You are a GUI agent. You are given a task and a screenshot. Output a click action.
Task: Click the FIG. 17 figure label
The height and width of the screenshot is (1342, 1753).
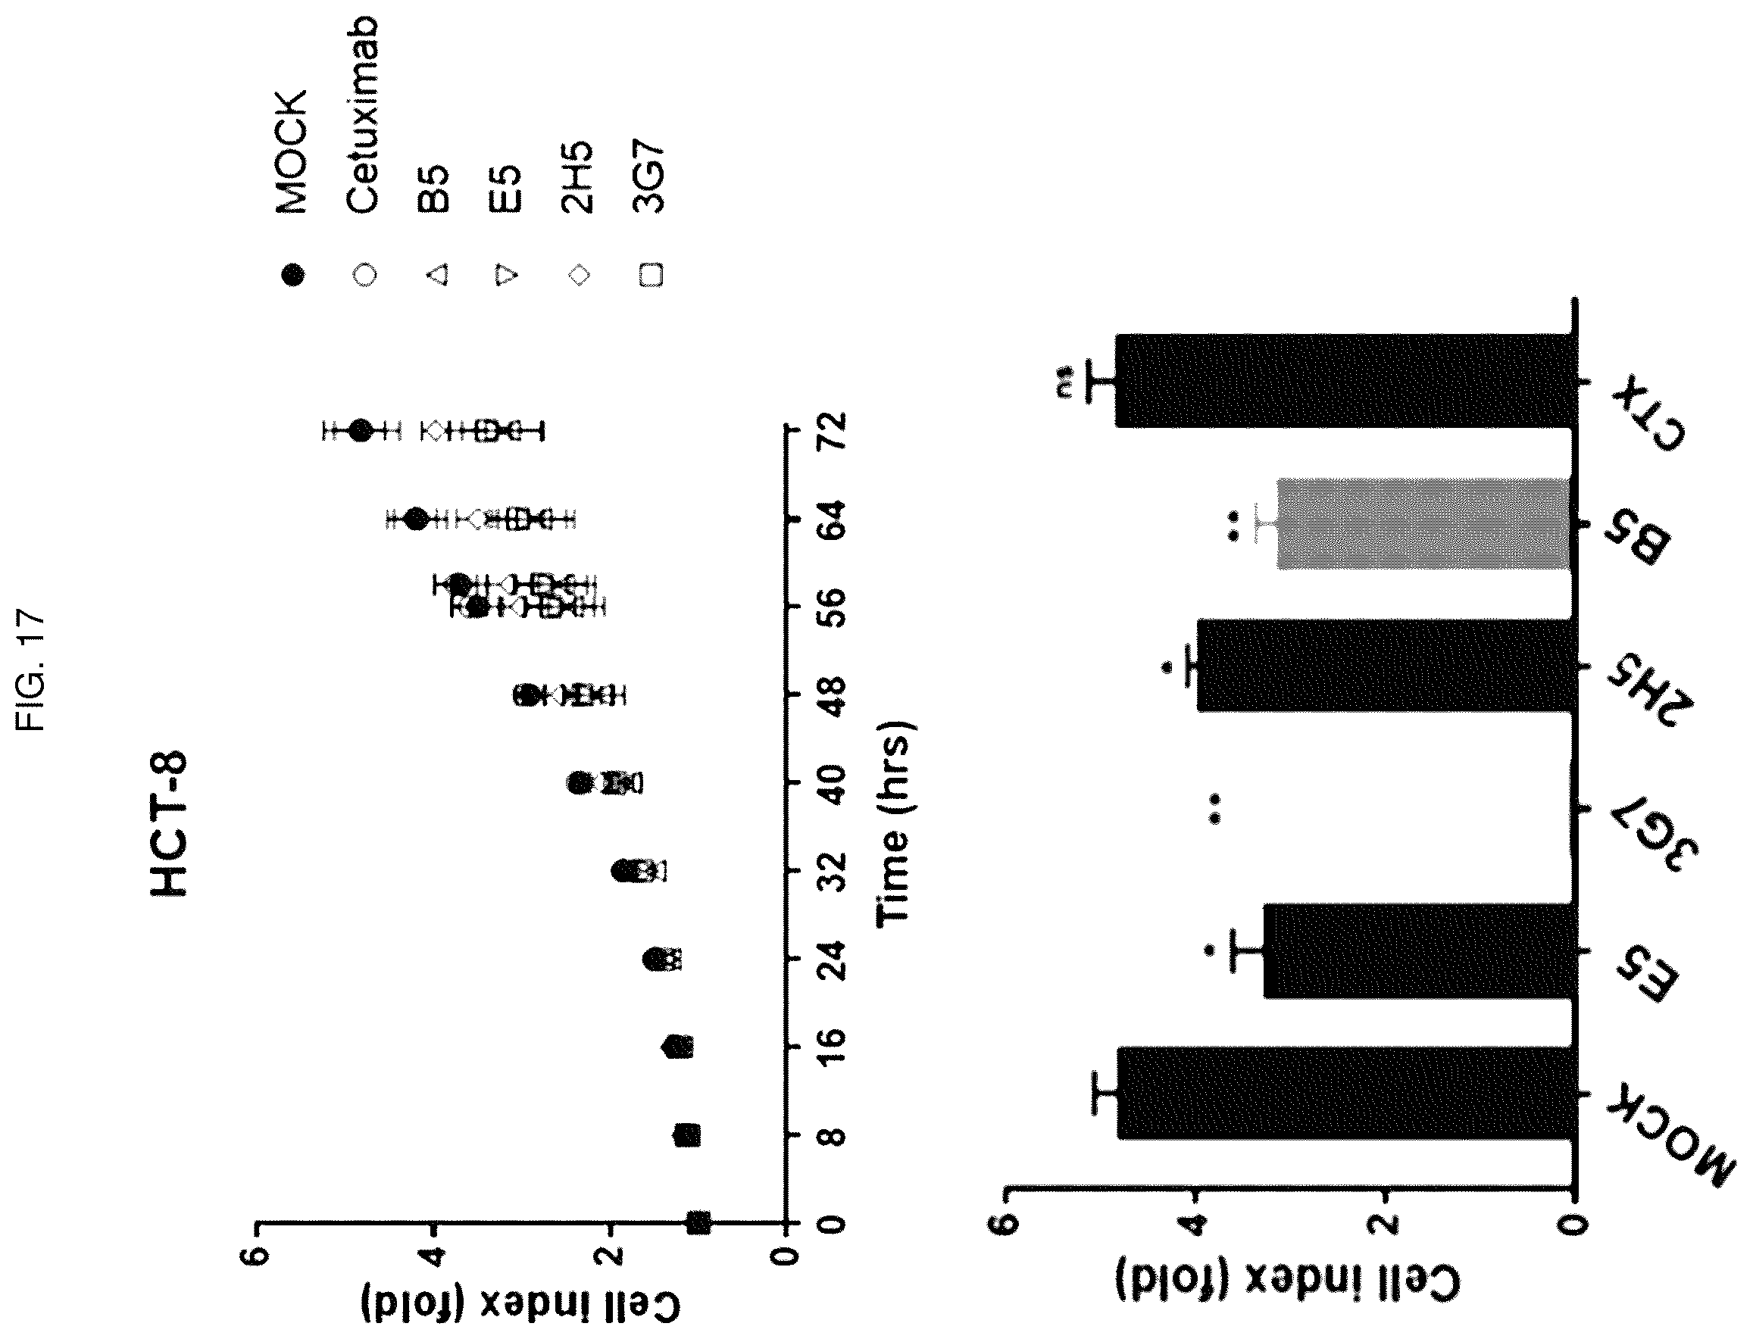(x=32, y=669)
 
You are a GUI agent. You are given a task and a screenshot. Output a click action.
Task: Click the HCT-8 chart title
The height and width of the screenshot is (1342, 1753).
(x=169, y=822)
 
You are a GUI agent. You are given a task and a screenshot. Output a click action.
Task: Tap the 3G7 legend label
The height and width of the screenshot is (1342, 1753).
(x=648, y=177)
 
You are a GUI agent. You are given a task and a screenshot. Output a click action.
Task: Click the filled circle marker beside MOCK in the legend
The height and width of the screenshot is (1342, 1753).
(x=293, y=276)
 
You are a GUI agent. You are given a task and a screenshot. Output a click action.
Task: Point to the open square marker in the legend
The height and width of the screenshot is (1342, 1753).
(x=651, y=276)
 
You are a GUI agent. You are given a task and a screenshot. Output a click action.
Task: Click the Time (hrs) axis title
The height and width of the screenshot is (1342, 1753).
(x=894, y=823)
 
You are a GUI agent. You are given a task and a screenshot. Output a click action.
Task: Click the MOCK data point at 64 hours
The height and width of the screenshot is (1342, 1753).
(x=416, y=520)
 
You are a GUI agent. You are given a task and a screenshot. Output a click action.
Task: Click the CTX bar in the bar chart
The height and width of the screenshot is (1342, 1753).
(x=1345, y=381)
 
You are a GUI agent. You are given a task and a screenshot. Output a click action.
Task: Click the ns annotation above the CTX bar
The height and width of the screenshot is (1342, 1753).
(x=1065, y=381)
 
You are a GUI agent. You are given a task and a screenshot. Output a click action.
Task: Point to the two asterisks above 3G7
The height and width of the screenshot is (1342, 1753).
(x=1214, y=808)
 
